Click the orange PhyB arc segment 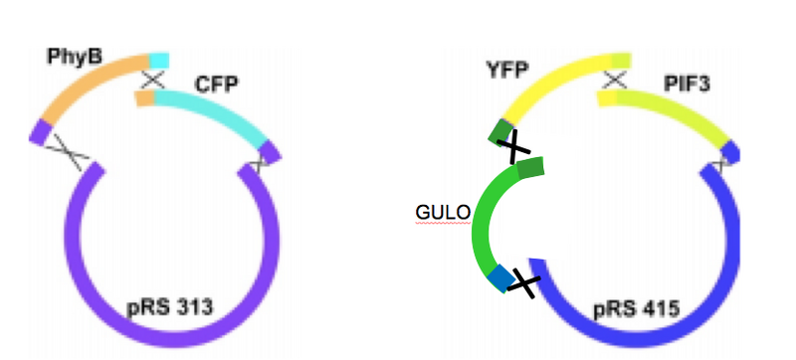(95, 82)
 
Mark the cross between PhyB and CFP (153, 78)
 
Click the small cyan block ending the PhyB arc (158, 59)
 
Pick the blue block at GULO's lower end (497, 280)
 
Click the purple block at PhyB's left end (39, 131)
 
